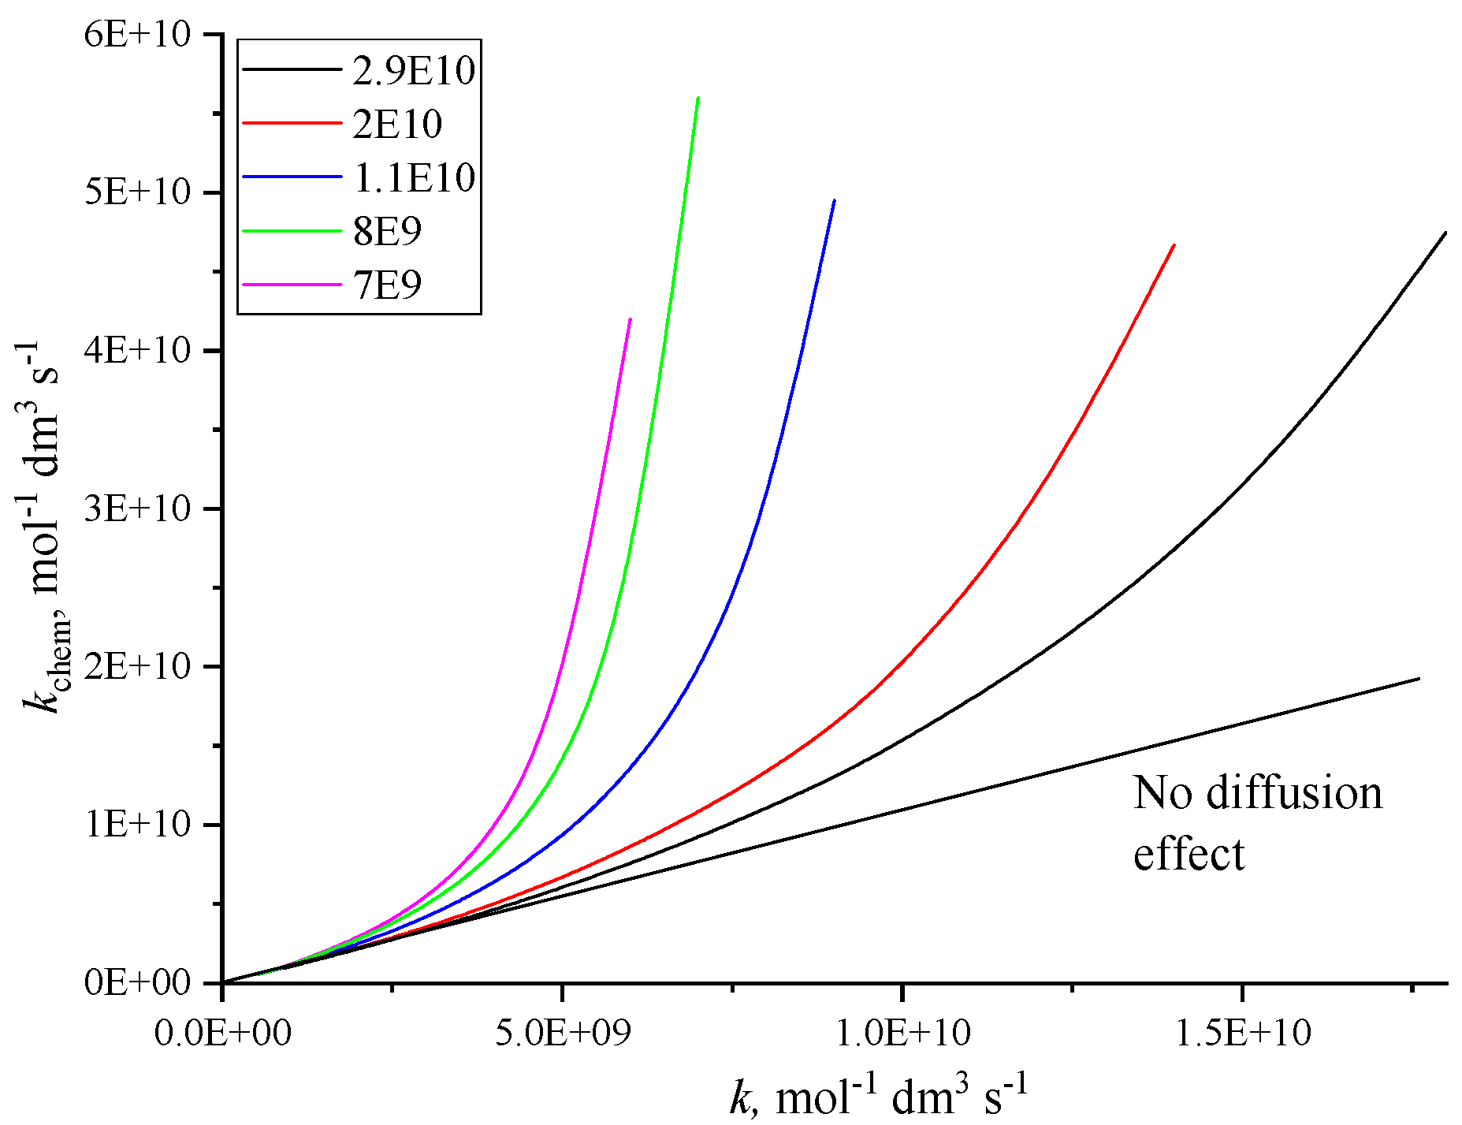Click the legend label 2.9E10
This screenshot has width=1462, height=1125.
tap(414, 71)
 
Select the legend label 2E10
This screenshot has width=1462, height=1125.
tap(397, 125)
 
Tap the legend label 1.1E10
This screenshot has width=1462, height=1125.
tap(414, 177)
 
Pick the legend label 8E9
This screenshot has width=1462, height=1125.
tap(387, 231)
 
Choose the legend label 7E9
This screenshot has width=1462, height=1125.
tap(387, 285)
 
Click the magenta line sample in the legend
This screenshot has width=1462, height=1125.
tap(291, 285)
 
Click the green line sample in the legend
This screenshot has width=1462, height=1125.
tap(291, 231)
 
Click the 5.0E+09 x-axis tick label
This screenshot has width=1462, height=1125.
tap(563, 1032)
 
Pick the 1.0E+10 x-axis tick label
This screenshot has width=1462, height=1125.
tap(902, 1032)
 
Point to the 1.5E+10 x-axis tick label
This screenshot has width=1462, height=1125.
tap(1243, 1032)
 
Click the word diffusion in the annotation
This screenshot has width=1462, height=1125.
tap(1294, 793)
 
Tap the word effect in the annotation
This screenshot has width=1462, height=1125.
tap(1189, 855)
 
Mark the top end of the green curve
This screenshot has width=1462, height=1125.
tap(698, 98)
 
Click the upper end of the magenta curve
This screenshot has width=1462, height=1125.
tap(631, 319)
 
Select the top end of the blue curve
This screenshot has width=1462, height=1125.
tap(834, 200)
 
